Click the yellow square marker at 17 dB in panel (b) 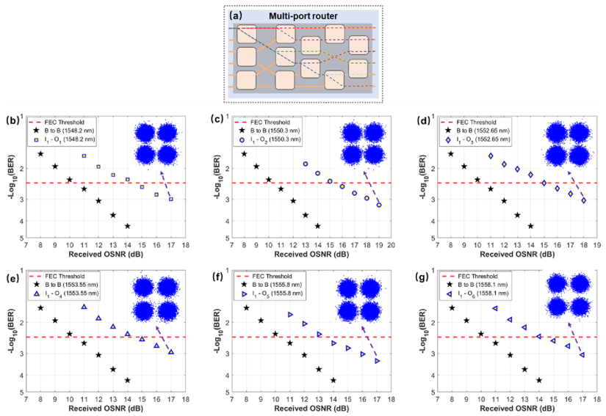[170, 199]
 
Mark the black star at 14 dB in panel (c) [317, 226]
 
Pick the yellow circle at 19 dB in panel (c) [378, 205]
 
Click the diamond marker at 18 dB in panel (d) [583, 200]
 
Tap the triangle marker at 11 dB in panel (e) [84, 307]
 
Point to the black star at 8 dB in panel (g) [452, 307]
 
